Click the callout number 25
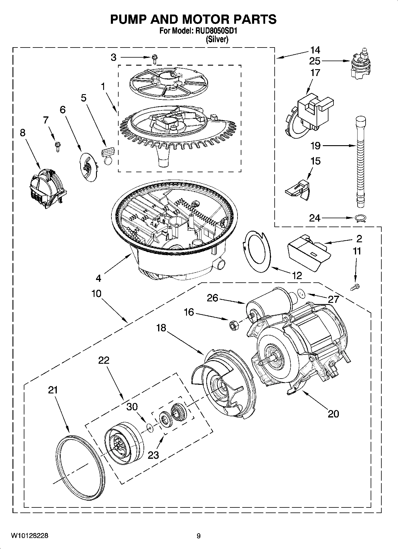(x=315, y=61)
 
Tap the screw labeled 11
(x=355, y=287)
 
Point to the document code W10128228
(x=29, y=536)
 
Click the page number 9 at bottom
(x=199, y=536)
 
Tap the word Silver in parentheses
(x=217, y=39)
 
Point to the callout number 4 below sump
(x=98, y=278)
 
